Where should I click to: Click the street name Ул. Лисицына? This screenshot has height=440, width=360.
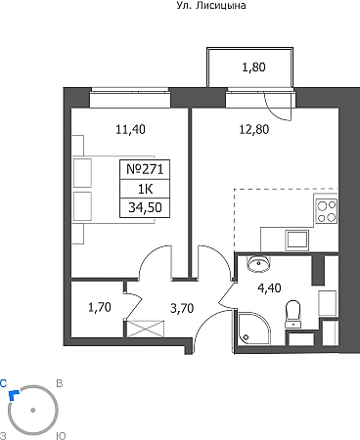pos(211,5)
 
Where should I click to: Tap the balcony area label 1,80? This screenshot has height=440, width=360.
pos(253,67)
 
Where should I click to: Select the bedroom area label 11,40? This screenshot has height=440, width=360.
pos(130,129)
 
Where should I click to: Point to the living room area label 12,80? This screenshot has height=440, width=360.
pos(254,129)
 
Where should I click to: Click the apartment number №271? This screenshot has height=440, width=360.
pos(145,169)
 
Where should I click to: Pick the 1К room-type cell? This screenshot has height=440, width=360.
pos(145,189)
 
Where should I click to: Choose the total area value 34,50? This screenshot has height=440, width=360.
pos(145,207)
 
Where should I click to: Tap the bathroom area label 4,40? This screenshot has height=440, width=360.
pos(269,288)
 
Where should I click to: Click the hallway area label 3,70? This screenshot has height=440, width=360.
pos(182,308)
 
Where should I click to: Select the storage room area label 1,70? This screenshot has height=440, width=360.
pos(100,307)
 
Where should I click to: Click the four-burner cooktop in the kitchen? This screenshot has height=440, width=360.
pos(327,211)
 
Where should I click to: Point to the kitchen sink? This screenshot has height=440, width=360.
pos(297,240)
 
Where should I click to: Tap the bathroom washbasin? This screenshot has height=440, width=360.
pos(258,263)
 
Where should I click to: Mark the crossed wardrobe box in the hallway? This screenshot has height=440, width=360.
pos(146,329)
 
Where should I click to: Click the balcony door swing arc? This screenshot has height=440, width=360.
pos(276,108)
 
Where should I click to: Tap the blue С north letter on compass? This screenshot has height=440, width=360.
pos(3,383)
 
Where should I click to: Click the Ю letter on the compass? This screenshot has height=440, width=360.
pos(61,436)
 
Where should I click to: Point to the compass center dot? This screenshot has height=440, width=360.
pos(32,411)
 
